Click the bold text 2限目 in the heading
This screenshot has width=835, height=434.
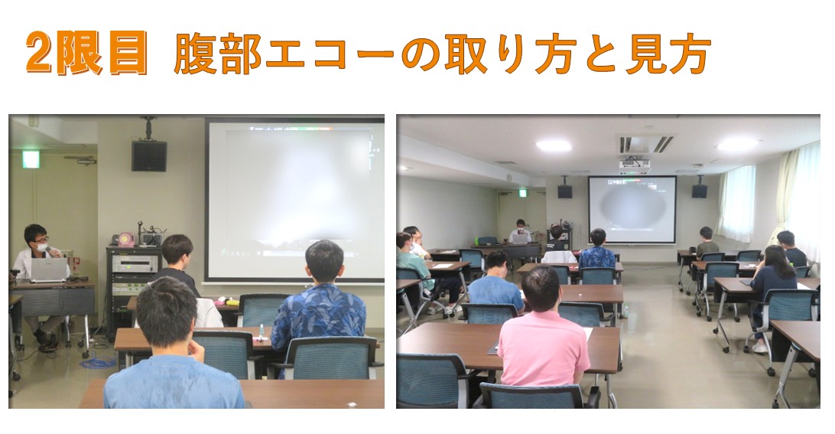point(86,52)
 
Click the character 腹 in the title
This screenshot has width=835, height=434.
point(196,54)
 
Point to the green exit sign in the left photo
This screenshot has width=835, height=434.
point(31,159)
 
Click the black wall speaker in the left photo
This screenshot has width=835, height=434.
point(149,155)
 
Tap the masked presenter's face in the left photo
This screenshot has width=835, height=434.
point(41,246)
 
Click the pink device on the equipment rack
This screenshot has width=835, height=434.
point(126,240)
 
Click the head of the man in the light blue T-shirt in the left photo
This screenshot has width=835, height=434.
point(167,312)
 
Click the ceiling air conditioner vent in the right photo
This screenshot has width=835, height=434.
point(646,144)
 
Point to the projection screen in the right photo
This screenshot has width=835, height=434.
point(632,210)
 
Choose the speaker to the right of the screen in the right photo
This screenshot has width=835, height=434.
point(699,191)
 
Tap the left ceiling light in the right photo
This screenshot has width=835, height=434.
point(554,145)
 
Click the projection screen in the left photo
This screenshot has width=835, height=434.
point(295,200)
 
